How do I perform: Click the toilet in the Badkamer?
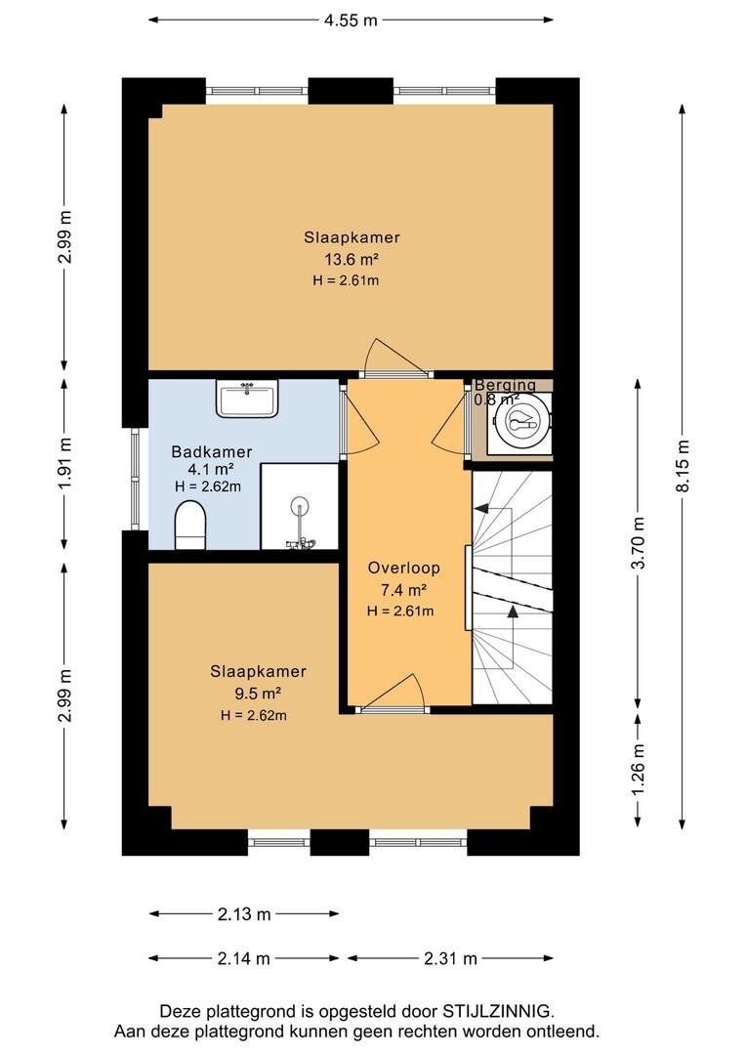[x=190, y=525]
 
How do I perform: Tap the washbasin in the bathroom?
[x=247, y=399]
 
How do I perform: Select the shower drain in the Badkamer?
[x=300, y=505]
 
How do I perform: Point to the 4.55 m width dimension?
[x=352, y=20]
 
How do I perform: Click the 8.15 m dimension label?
[x=683, y=466]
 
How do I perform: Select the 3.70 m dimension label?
[x=639, y=543]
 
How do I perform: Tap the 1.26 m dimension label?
[x=639, y=769]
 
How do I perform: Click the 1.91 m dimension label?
[x=64, y=465]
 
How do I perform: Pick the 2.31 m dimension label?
[x=450, y=959]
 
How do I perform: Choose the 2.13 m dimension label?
[x=243, y=914]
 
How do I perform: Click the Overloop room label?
[x=403, y=568]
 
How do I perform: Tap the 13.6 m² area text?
[x=352, y=259]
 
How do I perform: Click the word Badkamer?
[x=212, y=452]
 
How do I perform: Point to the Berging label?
[x=506, y=386]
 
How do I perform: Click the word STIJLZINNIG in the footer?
[x=497, y=1011]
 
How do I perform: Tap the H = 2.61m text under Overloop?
[x=400, y=611]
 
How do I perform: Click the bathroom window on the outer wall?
[x=135, y=479]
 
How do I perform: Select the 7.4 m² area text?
[x=403, y=590]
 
